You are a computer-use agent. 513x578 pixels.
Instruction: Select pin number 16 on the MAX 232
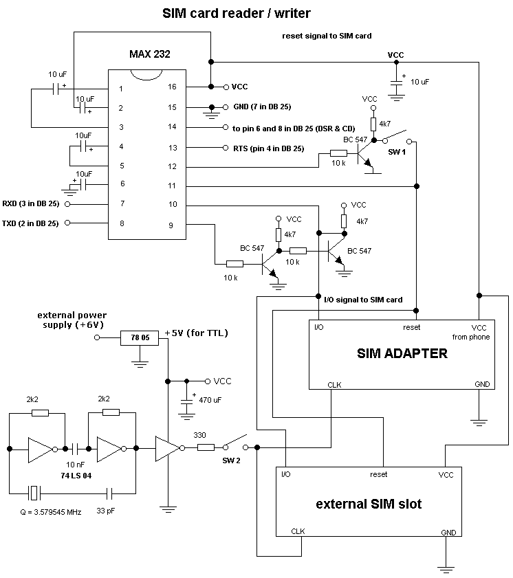pos(173,87)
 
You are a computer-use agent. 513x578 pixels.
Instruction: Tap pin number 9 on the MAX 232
pos(173,224)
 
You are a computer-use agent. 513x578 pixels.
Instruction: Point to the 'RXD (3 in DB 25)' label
pos(31,204)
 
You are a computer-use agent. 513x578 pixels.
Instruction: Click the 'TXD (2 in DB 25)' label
pos(31,223)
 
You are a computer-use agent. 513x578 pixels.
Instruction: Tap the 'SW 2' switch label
pos(231,460)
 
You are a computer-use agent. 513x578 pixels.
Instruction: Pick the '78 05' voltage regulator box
pos(140,337)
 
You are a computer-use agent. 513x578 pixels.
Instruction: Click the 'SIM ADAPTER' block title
pos(402,354)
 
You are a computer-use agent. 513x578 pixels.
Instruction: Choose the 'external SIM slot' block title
pos(369,504)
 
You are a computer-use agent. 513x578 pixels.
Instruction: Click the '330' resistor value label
pos(199,435)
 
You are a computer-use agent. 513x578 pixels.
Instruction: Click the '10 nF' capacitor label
pos(76,464)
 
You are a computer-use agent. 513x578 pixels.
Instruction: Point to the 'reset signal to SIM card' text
pos(327,36)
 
